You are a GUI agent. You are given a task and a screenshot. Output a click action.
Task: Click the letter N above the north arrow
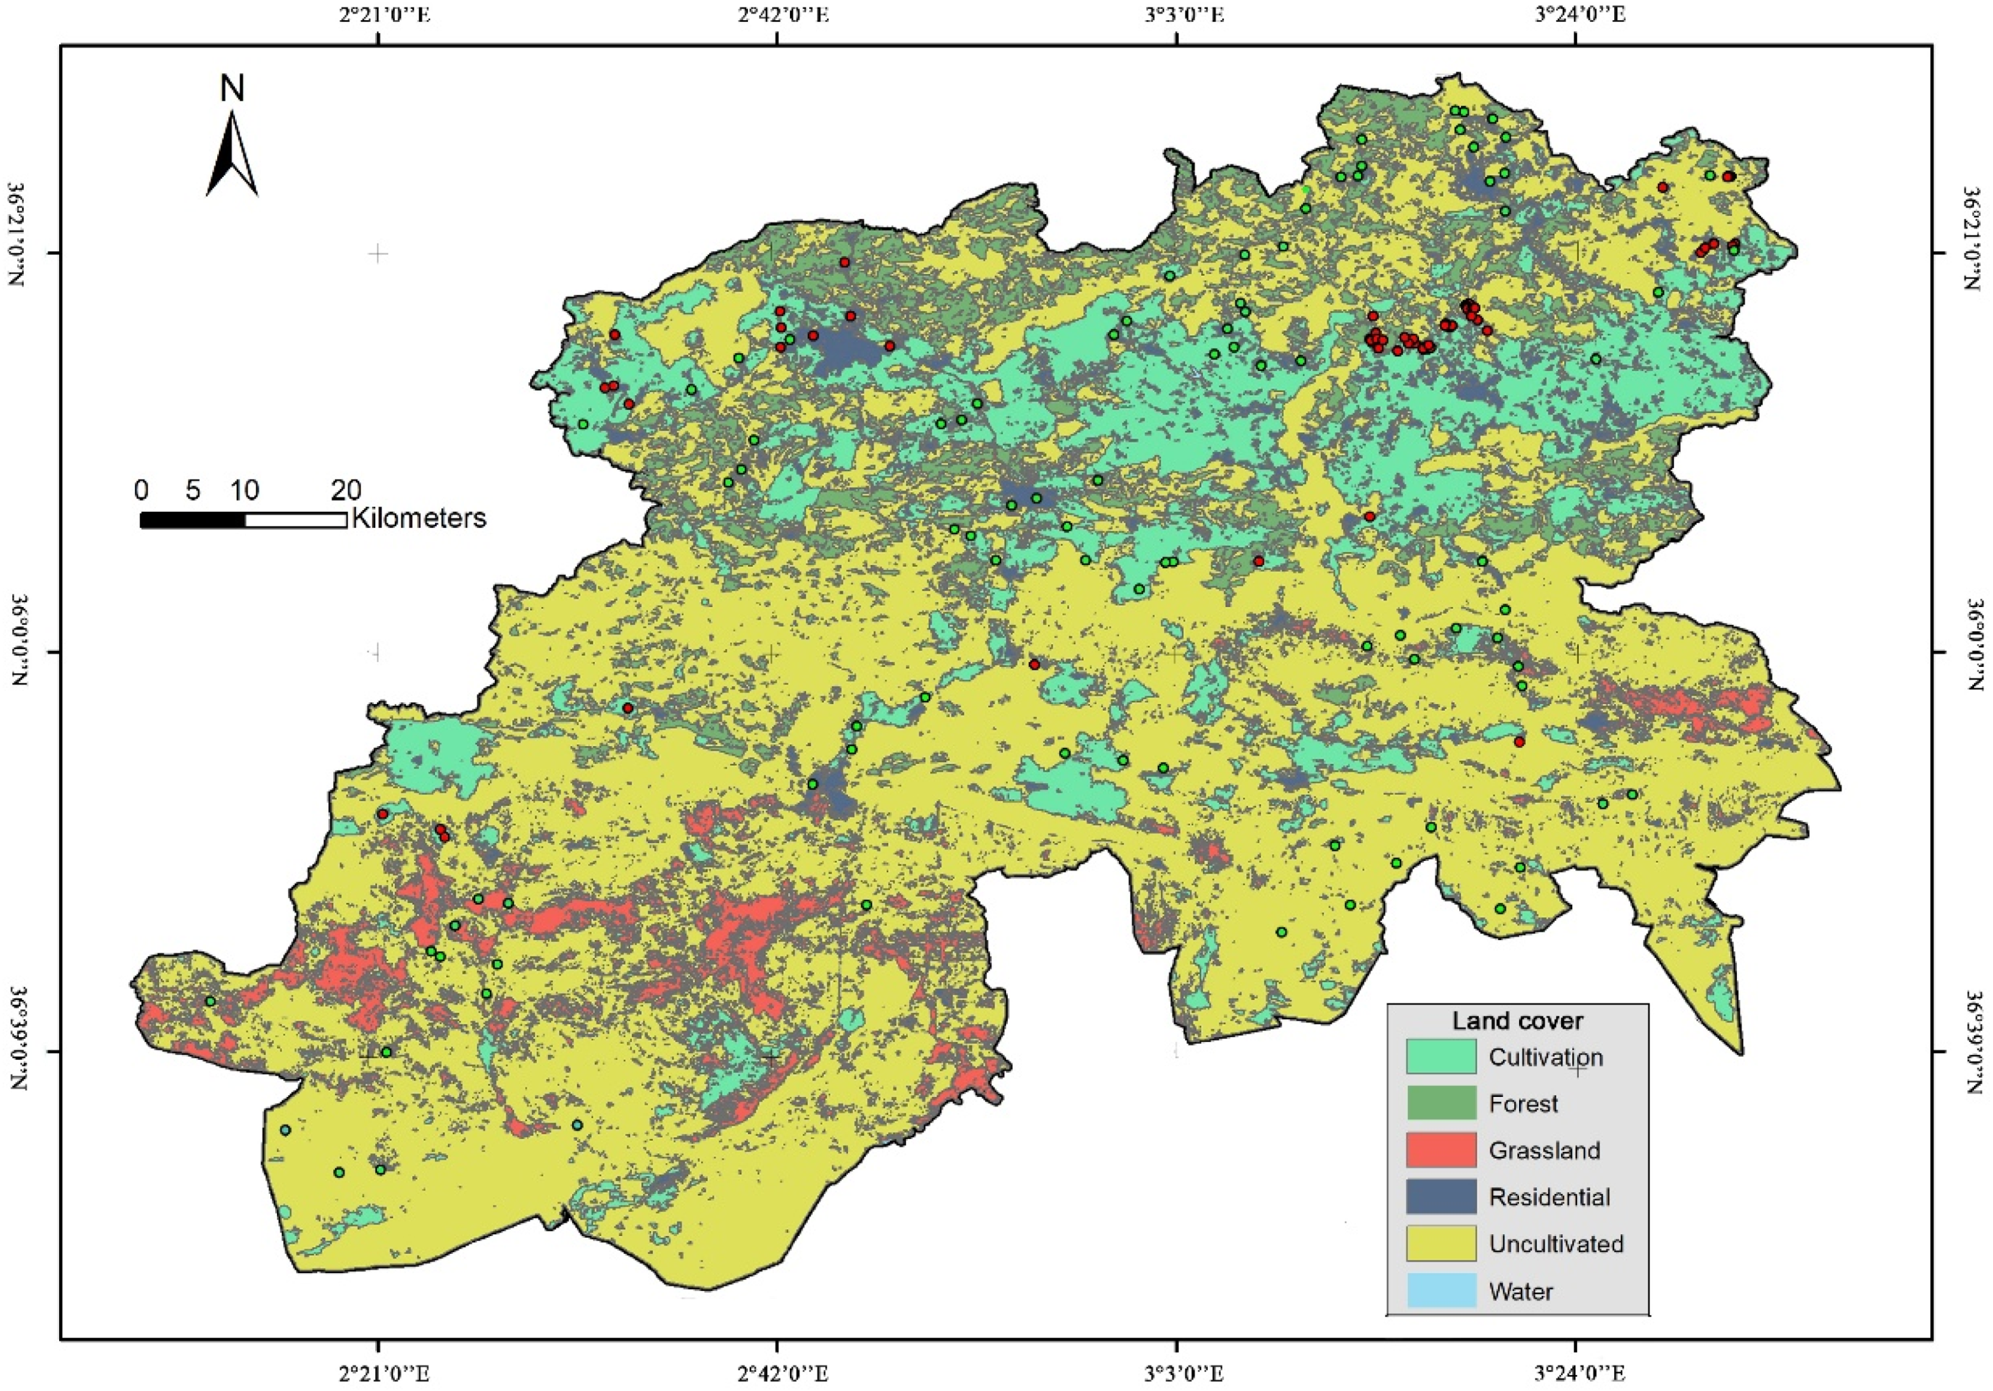(x=232, y=88)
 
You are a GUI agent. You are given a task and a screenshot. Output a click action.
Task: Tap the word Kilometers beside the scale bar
(x=419, y=519)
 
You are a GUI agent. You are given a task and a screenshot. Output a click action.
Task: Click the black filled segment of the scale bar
(x=193, y=520)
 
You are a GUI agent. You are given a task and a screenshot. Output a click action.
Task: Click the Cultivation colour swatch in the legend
(x=1441, y=1057)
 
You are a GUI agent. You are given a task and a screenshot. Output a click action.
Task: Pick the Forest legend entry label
(x=1523, y=1104)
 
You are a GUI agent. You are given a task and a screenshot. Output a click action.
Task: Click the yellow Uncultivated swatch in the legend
(x=1441, y=1243)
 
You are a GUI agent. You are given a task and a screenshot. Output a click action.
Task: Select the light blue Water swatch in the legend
(x=1441, y=1290)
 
